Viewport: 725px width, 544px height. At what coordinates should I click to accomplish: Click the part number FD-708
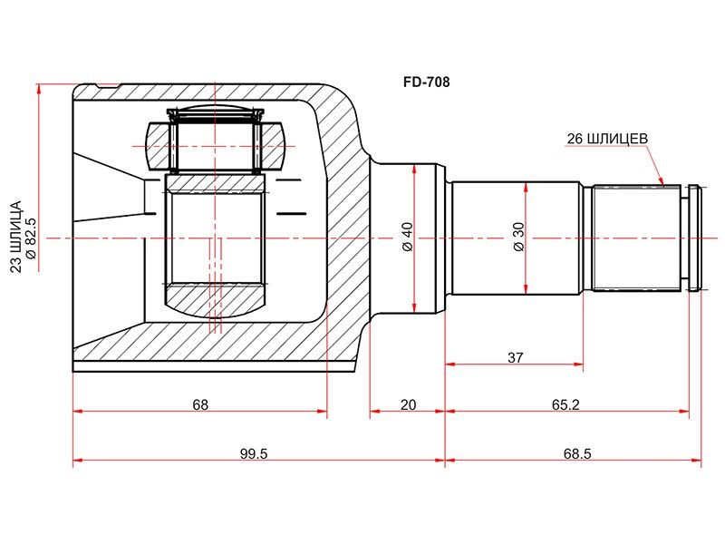(x=426, y=83)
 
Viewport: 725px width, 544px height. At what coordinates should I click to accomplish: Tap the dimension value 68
(x=200, y=404)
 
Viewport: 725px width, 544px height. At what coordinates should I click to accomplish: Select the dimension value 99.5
(x=254, y=454)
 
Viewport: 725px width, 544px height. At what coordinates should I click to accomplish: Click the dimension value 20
(x=408, y=404)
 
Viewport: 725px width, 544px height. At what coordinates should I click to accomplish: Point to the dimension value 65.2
(x=565, y=404)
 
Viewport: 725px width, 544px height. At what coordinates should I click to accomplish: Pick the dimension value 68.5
(x=577, y=454)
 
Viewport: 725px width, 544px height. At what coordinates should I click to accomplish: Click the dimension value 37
(x=515, y=357)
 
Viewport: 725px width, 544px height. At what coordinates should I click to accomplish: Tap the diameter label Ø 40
(x=407, y=237)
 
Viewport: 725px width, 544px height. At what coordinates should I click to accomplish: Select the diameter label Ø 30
(x=518, y=237)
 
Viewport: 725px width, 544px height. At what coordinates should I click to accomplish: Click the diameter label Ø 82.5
(x=32, y=237)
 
